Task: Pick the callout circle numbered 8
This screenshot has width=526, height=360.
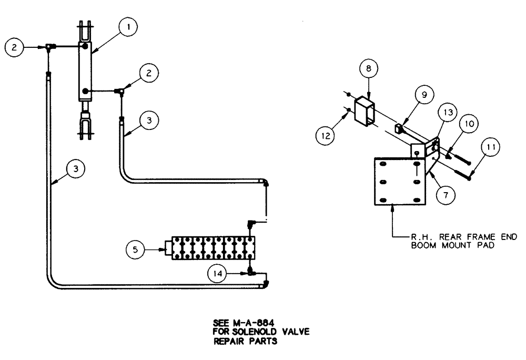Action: pos(368,68)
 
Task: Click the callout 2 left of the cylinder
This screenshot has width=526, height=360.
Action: pos(14,47)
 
